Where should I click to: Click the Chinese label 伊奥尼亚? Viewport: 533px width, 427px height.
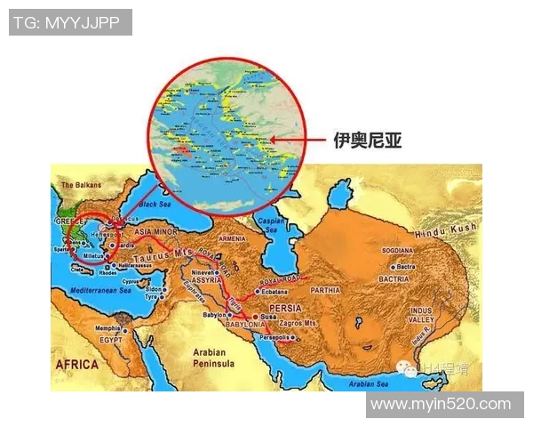tap(367, 140)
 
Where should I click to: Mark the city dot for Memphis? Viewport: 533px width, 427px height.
tap(126, 330)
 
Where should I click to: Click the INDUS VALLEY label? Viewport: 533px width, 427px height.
tap(420, 315)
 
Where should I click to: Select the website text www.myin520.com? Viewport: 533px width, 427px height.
tap(441, 404)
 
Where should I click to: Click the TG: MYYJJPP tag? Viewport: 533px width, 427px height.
tap(70, 22)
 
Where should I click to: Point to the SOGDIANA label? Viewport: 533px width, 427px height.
tap(398, 252)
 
